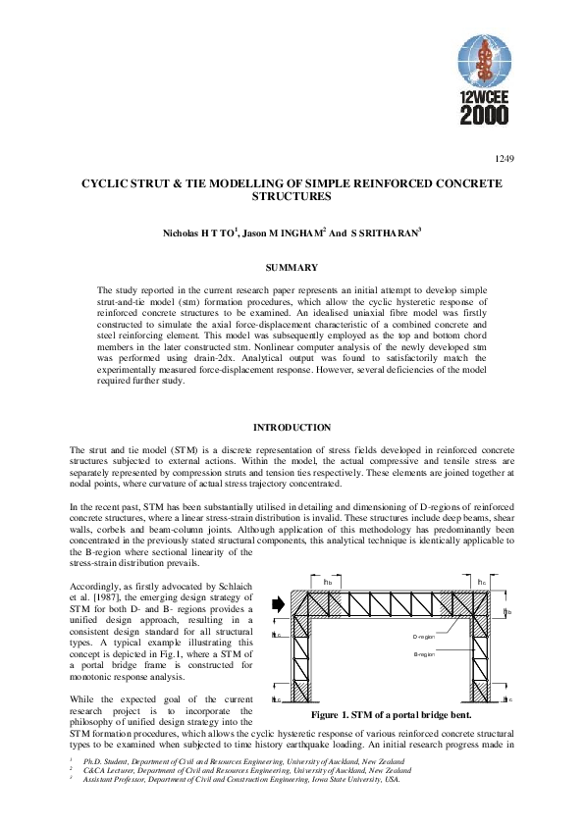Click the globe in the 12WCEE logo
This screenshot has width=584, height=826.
coord(484,61)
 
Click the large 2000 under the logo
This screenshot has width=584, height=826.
coord(484,116)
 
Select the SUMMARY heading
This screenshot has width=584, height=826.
coord(292,268)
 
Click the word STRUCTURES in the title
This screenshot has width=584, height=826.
coord(292,196)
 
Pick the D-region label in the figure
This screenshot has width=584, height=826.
coord(424,637)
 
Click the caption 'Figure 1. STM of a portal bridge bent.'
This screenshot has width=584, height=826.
coord(392,715)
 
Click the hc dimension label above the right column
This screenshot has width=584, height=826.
coord(481,582)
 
